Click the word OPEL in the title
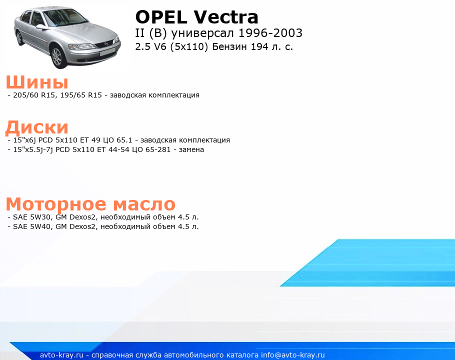[x=161, y=17]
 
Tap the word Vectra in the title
[x=226, y=17]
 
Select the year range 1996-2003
[x=270, y=33]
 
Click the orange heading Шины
[x=37, y=82]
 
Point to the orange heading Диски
[x=37, y=127]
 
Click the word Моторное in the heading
[x=56, y=204]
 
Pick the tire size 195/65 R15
[x=81, y=95]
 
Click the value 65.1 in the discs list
[x=124, y=140]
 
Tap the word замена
[x=191, y=149]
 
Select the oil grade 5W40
[x=40, y=226]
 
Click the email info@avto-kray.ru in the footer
[x=293, y=355]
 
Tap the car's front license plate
[x=107, y=52]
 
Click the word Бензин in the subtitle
[x=230, y=46]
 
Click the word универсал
[x=202, y=33]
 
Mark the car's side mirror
[x=41, y=27]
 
